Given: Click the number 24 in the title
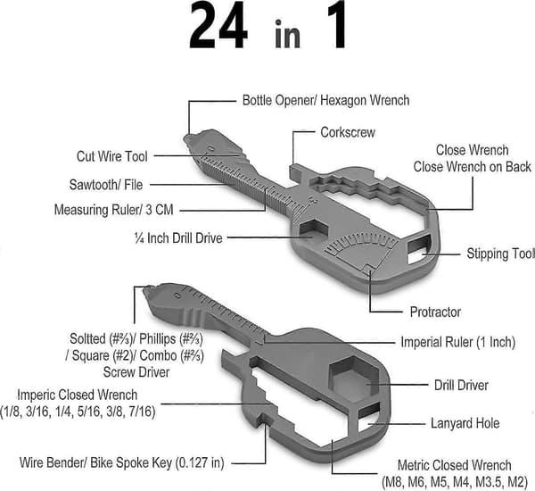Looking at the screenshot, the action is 218,26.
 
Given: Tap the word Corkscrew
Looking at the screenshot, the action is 348,132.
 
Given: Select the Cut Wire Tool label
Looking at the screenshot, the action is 112,156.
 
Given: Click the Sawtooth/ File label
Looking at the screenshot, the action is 106,185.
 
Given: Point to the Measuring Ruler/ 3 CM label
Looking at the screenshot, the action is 113,210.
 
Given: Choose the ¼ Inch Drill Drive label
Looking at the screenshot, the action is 178,238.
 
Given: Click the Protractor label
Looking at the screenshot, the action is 435,312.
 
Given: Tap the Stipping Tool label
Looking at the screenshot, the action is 500,254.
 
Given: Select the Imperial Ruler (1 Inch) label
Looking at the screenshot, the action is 458,342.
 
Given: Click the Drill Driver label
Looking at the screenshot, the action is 461,385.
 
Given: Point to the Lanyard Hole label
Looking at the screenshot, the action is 465,423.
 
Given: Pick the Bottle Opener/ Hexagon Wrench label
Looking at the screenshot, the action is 325,100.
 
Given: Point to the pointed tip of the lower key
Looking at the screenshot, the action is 144,291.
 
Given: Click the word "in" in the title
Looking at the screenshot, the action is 287,34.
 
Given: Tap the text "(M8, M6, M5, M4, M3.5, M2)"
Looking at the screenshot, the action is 455,482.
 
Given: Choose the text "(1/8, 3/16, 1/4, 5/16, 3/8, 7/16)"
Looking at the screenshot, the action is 78,411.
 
